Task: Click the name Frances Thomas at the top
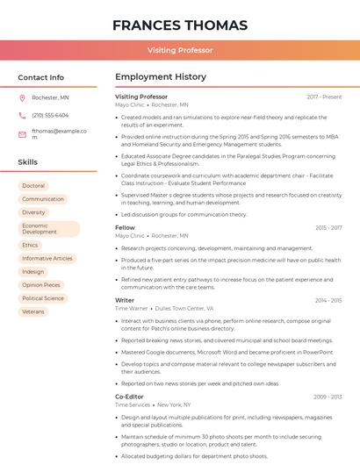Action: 179,25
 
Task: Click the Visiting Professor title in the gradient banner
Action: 179,50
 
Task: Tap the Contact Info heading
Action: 40,77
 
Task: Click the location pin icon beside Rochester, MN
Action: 22,97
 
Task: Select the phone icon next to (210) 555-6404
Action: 22,115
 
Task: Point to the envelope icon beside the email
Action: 22,134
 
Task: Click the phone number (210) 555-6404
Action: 50,115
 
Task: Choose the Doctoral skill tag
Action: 33,186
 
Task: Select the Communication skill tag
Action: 43,199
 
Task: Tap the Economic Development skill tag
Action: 47,229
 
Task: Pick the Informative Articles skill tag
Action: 47,259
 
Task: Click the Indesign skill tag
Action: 33,272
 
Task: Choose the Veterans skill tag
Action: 33,311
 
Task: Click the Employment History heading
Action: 160,77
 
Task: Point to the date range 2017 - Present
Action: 324,97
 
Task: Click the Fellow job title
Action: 125,227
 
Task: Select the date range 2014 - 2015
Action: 328,300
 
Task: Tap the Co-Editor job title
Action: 129,397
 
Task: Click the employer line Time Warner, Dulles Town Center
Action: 164,308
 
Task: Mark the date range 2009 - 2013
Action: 328,397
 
